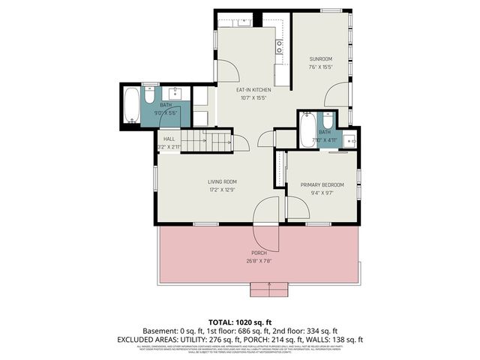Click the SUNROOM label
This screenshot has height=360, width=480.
pos(320,58)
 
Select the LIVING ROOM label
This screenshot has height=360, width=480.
pos(222,181)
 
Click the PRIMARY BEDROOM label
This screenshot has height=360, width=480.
pos(322,184)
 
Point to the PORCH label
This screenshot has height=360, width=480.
pos(259,253)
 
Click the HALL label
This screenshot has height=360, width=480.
pos(169,139)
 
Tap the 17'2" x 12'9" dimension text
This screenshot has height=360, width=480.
pos(222,190)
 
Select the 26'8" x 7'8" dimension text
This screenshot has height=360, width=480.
pos(259,261)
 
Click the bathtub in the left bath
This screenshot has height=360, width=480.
pos(132,105)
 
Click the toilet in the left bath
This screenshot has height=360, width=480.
pos(148,96)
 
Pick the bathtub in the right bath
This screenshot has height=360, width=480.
pos(307,130)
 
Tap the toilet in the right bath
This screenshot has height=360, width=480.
pos(327,122)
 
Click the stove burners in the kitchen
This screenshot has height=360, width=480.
pos(280,49)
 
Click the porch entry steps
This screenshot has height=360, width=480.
pos(268,289)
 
